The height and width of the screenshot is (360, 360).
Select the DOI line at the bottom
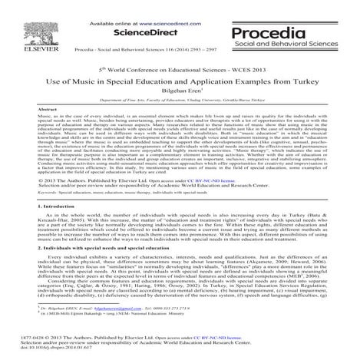point(48,347)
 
